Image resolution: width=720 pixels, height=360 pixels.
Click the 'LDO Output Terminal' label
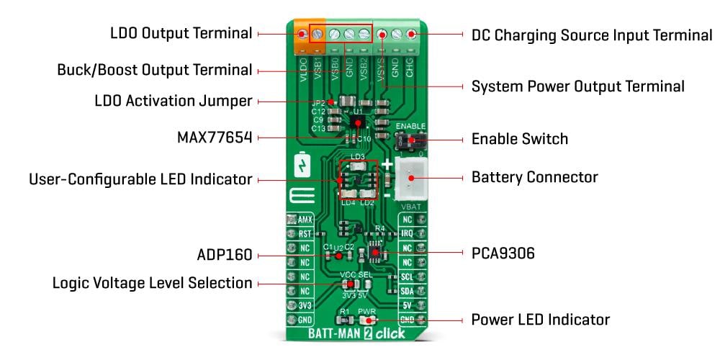coord(181,33)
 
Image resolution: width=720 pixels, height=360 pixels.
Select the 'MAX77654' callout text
coord(214,137)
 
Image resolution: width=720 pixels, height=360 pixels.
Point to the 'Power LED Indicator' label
coord(540,319)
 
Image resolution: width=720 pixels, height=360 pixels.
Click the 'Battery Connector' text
coord(534,176)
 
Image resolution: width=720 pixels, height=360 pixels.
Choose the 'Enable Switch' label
coord(519,139)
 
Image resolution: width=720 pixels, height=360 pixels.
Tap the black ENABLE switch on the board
coord(411,139)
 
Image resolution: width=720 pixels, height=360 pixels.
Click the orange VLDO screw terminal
coord(301,34)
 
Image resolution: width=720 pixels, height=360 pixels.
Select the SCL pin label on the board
coord(408,276)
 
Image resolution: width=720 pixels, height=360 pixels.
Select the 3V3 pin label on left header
coord(304,305)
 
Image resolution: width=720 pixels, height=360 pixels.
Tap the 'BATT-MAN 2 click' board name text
coord(356,333)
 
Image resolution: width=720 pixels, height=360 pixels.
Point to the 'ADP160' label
coord(224,255)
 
